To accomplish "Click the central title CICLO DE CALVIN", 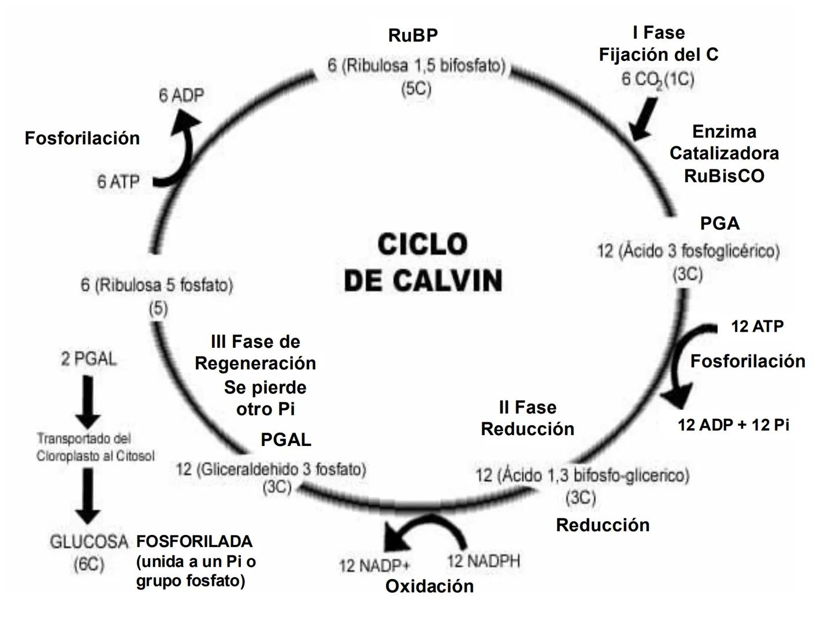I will pyautogui.click(x=422, y=262).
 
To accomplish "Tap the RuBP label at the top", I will pyautogui.click(x=413, y=35).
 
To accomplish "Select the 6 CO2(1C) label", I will pyautogui.click(x=658, y=79).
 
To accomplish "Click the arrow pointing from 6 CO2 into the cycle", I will pyautogui.click(x=642, y=118).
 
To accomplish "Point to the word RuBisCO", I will pyautogui.click(x=724, y=176).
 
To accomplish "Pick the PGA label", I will pyautogui.click(x=719, y=223).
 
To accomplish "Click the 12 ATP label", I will pyautogui.click(x=757, y=326).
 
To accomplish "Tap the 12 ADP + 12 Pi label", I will pyautogui.click(x=733, y=425).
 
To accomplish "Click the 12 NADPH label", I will pyautogui.click(x=483, y=560).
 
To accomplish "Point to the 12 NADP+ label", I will pyautogui.click(x=374, y=565).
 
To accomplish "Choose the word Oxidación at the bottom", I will pyautogui.click(x=429, y=586).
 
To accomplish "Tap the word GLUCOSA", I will pyautogui.click(x=88, y=542).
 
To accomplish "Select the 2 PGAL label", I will pyautogui.click(x=88, y=359).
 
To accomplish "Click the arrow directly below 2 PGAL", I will pyautogui.click(x=88, y=402).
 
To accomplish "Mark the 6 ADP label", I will pyautogui.click(x=181, y=95).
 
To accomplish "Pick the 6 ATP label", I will pyautogui.click(x=118, y=182).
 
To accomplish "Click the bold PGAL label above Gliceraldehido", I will pyautogui.click(x=285, y=440).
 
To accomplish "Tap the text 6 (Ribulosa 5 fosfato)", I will pyautogui.click(x=157, y=285).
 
